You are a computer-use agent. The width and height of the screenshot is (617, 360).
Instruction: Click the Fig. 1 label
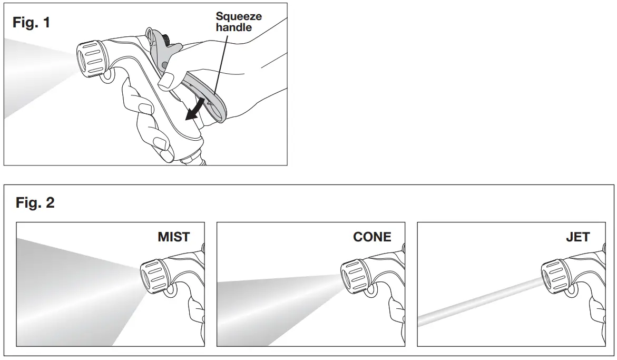pyautogui.click(x=31, y=23)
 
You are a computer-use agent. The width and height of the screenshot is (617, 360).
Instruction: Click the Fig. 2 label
pyautogui.click(x=35, y=202)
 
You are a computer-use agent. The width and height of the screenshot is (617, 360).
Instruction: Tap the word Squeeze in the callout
pyautogui.click(x=239, y=16)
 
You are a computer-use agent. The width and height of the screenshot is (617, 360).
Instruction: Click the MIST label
pyautogui.click(x=173, y=237)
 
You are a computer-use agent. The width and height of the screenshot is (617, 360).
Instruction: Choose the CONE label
pyautogui.click(x=372, y=237)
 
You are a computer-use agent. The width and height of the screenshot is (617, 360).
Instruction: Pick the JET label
pyautogui.click(x=577, y=237)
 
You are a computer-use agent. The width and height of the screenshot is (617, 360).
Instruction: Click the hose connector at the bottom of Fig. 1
pyautogui.click(x=193, y=158)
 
